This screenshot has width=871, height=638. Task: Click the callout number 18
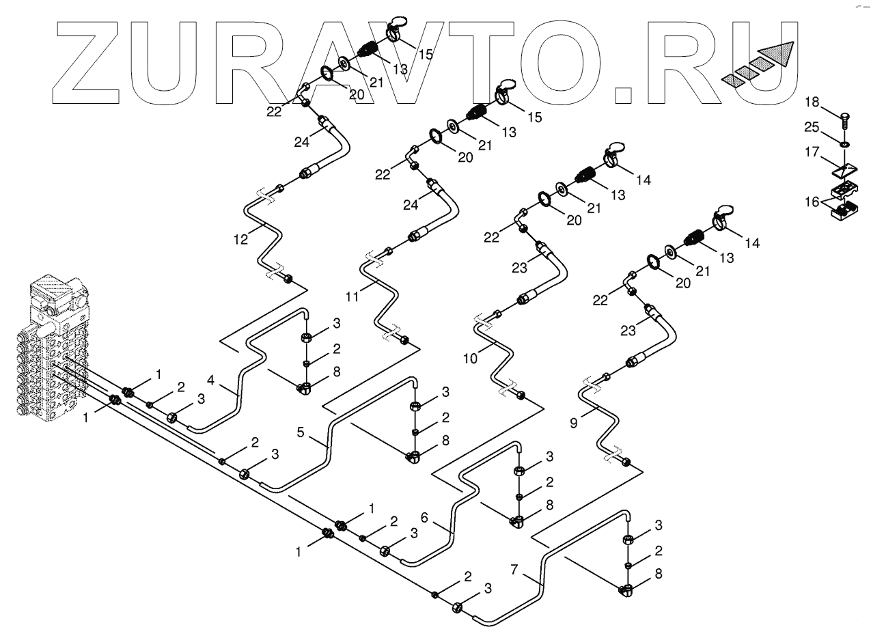tap(811, 102)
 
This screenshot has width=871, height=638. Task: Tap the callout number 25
tap(811, 128)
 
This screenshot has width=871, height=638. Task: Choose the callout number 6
tap(424, 518)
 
